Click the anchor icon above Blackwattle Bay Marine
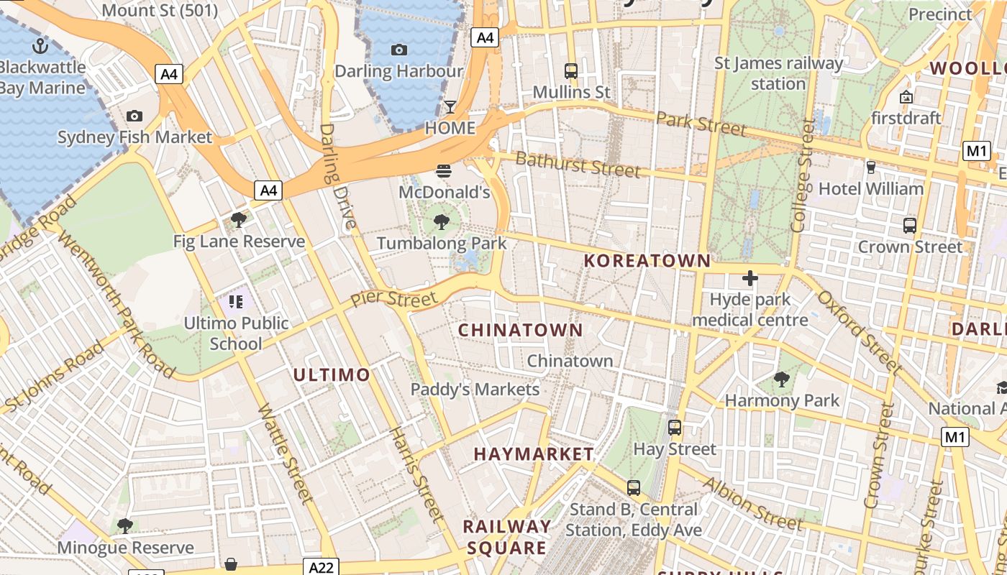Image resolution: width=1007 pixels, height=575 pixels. pos(40,47)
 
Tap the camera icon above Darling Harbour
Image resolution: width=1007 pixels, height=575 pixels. pos(398,50)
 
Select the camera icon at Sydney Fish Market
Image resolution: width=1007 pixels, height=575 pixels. pos(134,116)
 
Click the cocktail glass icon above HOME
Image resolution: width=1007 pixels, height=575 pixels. pos(450,107)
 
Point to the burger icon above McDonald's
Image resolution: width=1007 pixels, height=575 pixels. pos(444,171)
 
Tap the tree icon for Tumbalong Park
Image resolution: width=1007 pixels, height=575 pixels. pos(442,221)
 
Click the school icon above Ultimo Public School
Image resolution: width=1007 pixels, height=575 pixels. pos(236,302)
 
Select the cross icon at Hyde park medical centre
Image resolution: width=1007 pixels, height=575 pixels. pos(750,278)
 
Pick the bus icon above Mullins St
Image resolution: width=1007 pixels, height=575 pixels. pos(571,70)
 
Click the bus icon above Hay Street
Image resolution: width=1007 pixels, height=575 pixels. pos(675,428)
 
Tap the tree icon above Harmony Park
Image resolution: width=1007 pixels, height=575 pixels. pos(782,379)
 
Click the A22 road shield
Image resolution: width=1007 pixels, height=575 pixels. pos(321,567)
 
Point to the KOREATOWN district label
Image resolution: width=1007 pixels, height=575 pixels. pos(647,261)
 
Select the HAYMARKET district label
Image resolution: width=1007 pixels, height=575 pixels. pos(534,454)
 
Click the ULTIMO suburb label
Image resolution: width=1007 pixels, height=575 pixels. pos(331,374)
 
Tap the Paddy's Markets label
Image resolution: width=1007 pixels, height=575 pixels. pos(475,390)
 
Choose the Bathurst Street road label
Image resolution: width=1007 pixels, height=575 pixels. pos(578,165)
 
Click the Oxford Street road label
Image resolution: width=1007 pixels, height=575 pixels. pos(859,332)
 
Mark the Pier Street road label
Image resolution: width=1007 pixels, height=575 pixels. pos(393,299)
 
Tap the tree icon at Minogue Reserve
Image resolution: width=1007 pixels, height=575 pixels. pos(125,525)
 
